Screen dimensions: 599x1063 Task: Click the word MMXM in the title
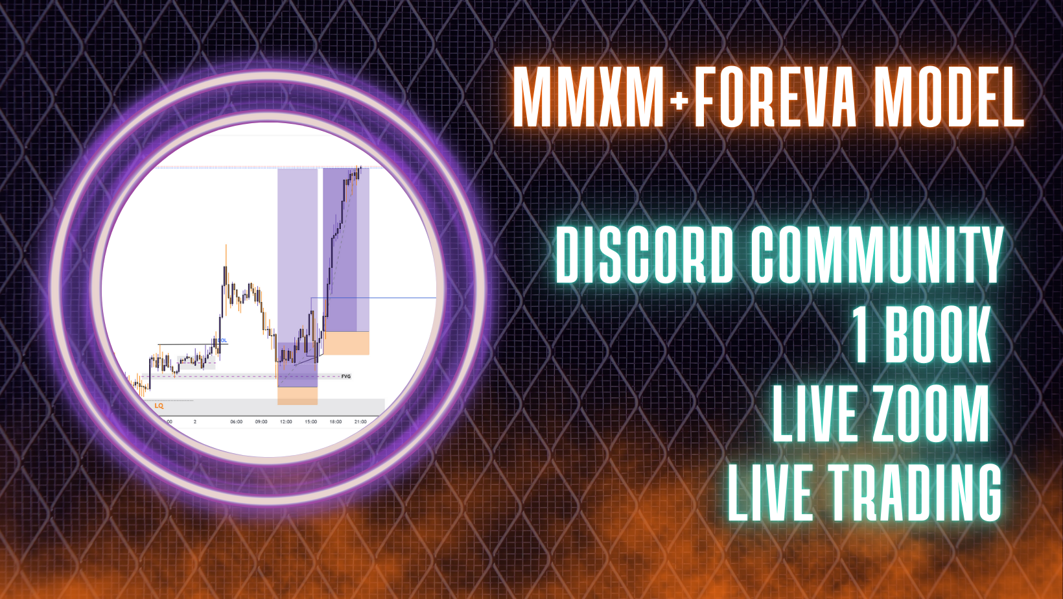(x=589, y=98)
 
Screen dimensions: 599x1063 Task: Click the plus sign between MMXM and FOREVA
(x=679, y=100)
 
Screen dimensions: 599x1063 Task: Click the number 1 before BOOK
(x=861, y=335)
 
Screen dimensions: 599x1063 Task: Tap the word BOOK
(x=937, y=335)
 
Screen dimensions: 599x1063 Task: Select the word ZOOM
(x=929, y=414)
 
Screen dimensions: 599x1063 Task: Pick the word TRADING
(x=915, y=493)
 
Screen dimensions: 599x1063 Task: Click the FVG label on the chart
(x=346, y=376)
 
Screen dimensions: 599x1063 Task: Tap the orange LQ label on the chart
(x=159, y=406)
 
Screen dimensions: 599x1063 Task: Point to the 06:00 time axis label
(x=237, y=421)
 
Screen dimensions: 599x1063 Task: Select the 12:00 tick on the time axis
(x=286, y=421)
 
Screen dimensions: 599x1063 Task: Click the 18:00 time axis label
(x=335, y=421)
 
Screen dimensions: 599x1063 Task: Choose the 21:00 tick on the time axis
(x=360, y=421)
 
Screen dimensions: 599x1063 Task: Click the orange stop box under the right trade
(x=346, y=343)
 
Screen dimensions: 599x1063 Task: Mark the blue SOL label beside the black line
(x=222, y=340)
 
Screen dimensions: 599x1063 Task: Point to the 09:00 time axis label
(x=261, y=421)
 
